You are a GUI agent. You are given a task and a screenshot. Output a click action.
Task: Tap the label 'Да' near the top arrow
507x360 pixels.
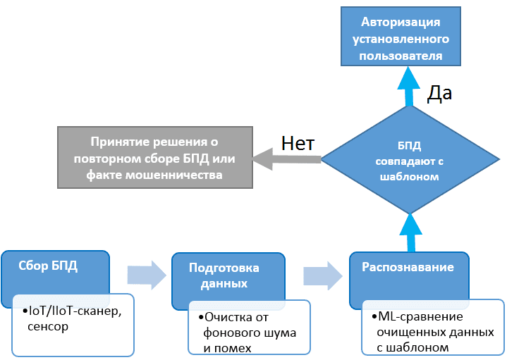point(441,94)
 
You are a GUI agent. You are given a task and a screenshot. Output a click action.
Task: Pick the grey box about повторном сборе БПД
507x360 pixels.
point(154,157)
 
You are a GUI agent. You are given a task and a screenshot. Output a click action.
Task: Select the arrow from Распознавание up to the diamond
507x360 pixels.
point(408,232)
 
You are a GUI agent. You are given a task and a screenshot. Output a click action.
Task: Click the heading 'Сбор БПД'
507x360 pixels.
point(49,267)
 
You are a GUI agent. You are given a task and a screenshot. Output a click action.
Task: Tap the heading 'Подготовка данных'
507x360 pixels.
point(224,275)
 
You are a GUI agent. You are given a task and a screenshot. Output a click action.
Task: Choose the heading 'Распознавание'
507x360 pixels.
point(407,268)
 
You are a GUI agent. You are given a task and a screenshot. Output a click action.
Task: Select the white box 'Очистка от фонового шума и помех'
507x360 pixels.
point(249,325)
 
